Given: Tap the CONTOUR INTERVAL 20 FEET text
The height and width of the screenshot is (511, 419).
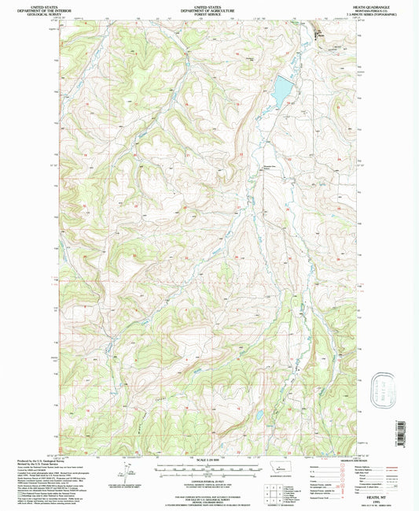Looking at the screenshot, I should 208,477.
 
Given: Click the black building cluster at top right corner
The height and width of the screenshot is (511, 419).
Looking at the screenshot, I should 318,35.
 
